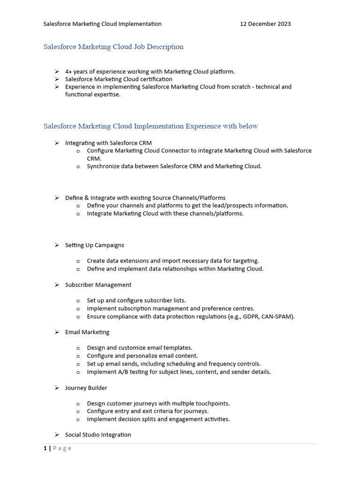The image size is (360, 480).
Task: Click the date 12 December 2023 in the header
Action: pyautogui.click(x=265, y=24)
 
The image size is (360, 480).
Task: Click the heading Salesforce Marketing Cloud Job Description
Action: pyautogui.click(x=113, y=47)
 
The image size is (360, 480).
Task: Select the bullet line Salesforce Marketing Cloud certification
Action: pyautogui.click(x=119, y=79)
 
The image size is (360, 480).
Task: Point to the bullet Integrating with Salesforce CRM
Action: pyautogui.click(x=108, y=143)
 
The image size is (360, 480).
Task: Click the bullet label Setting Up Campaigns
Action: pyautogui.click(x=94, y=245)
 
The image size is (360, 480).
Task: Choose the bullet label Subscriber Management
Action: pyautogui.click(x=98, y=285)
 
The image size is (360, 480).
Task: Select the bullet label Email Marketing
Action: pyautogui.click(x=87, y=332)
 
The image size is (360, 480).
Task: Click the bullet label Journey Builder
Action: pyautogui.click(x=86, y=388)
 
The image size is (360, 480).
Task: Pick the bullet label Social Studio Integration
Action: pyautogui.click(x=98, y=435)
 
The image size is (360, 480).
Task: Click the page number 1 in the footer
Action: pyautogui.click(x=45, y=449)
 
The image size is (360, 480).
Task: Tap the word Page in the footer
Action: pyautogui.click(x=62, y=449)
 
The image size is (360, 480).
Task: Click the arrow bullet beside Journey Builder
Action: pyautogui.click(x=56, y=388)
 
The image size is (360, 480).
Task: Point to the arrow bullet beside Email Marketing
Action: pyautogui.click(x=56, y=332)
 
